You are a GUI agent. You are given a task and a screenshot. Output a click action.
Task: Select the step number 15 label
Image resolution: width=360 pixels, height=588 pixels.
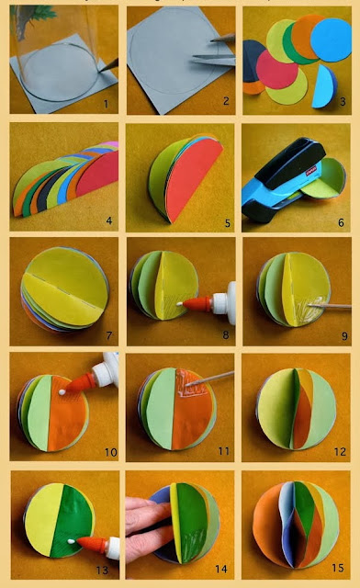338,570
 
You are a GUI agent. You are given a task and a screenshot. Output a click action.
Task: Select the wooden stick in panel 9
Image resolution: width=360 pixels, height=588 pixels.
331,298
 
